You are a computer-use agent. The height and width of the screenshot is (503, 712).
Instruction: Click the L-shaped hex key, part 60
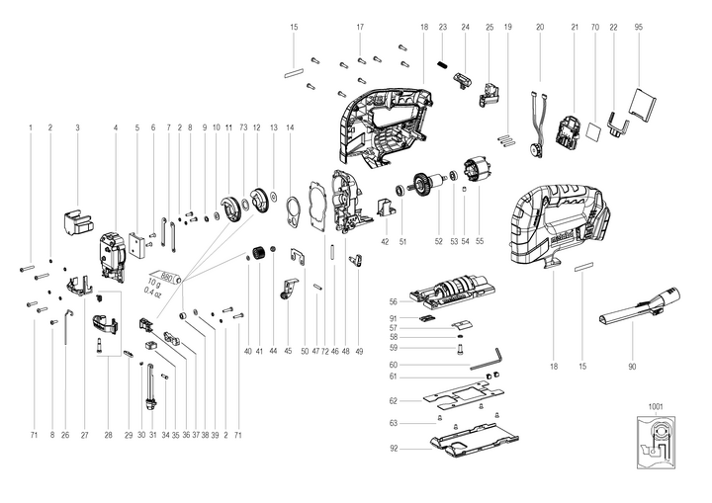(487, 365)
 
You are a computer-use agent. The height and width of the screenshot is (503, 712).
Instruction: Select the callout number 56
(393, 301)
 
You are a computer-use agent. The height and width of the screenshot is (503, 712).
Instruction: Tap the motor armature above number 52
(431, 185)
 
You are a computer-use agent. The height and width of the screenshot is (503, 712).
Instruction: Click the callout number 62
(393, 401)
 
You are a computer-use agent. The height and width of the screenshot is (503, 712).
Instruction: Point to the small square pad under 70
(595, 128)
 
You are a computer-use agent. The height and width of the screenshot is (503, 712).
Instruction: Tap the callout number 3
(77, 127)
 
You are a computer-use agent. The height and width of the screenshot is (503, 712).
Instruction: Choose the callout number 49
(359, 351)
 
